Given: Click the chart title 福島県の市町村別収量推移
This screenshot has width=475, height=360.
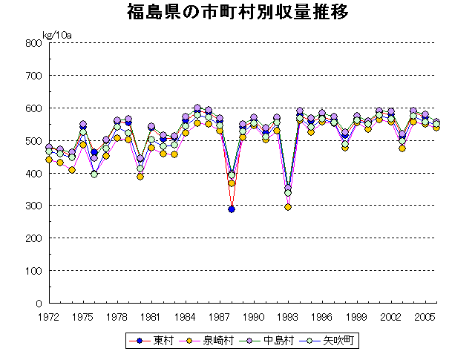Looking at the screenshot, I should pyautogui.click(x=237, y=13).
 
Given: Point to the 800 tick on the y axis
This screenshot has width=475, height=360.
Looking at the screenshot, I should pyautogui.click(x=32, y=43).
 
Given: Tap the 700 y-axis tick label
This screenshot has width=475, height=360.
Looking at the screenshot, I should pyautogui.click(x=32, y=76).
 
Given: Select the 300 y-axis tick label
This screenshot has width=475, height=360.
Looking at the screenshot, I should pyautogui.click(x=32, y=206).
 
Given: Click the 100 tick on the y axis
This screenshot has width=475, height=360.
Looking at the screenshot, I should pyautogui.click(x=32, y=271).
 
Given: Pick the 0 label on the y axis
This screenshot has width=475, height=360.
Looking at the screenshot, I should pyautogui.click(x=37, y=304).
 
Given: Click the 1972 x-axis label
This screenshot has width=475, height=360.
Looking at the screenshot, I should pyautogui.click(x=49, y=316).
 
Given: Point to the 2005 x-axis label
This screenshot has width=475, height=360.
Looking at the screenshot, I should pyautogui.click(x=425, y=316).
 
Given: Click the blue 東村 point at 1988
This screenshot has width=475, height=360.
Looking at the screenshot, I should pyautogui.click(x=232, y=209).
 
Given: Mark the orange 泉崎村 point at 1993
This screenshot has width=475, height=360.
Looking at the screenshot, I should pyautogui.click(x=288, y=207).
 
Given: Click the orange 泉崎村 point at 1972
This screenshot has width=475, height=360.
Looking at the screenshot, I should pyautogui.click(x=49, y=160).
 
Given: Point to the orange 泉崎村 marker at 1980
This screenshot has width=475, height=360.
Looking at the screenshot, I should pyautogui.click(x=140, y=177).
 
